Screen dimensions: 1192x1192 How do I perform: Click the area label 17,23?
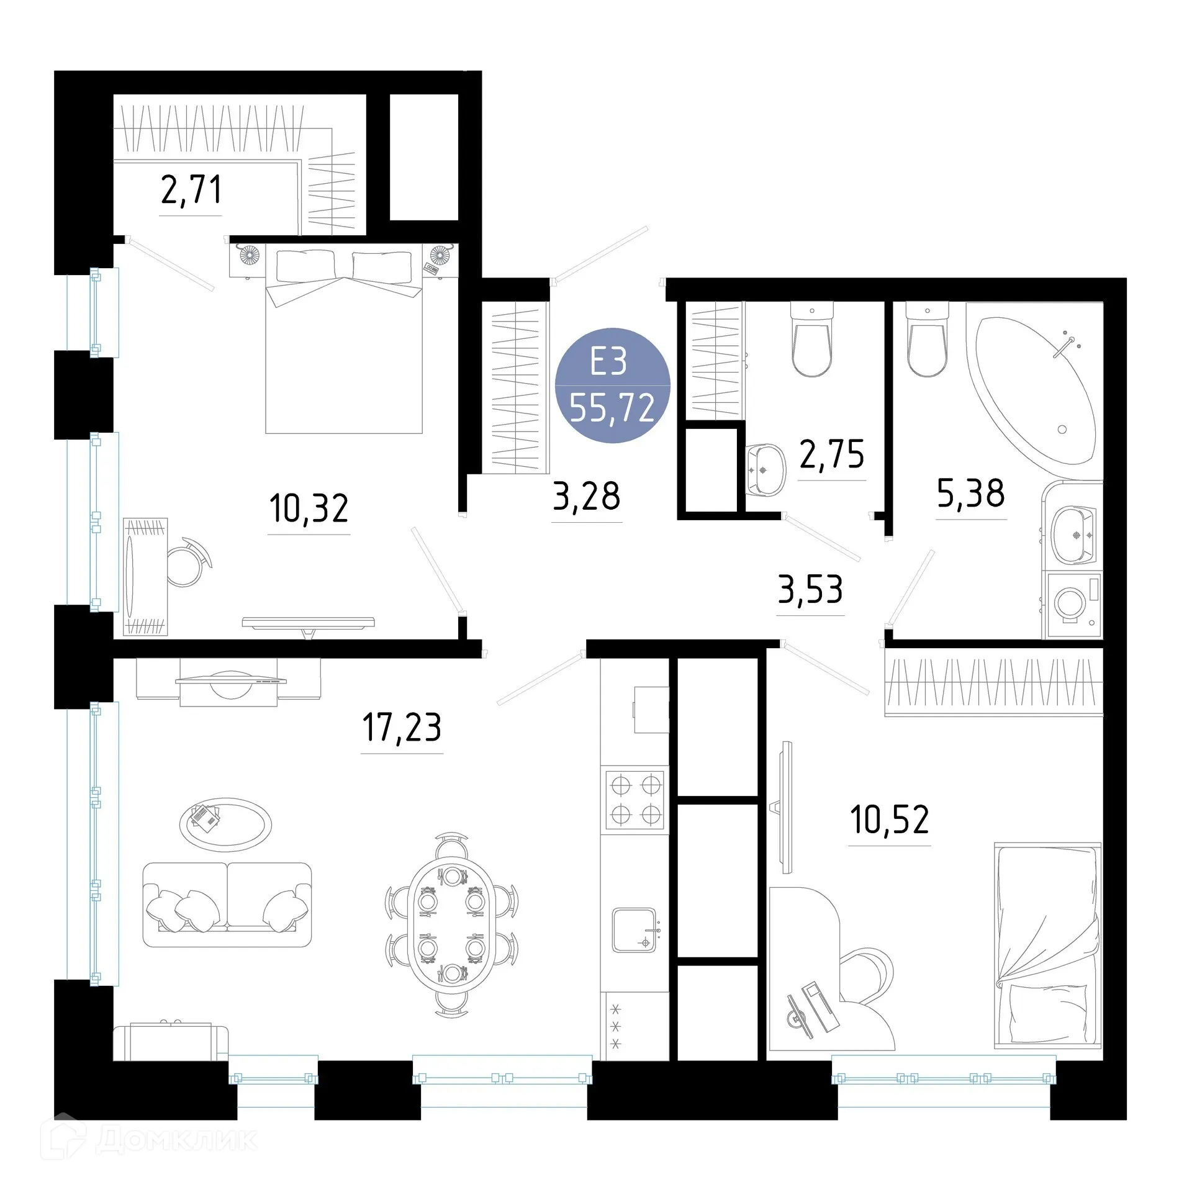(402, 728)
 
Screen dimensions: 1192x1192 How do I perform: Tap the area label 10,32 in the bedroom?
(309, 508)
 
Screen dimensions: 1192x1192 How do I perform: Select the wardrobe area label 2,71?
(191, 190)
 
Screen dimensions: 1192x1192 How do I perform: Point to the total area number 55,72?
(612, 409)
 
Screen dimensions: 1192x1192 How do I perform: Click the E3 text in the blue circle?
(608, 362)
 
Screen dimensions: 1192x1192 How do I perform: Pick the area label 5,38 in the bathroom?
(970, 494)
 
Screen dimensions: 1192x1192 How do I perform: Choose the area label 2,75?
(831, 454)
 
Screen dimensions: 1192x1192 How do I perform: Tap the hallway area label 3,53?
(810, 590)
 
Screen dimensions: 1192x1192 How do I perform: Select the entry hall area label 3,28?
(586, 496)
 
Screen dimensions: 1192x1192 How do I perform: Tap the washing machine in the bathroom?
(1072, 604)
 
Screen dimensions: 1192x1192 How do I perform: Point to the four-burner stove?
(634, 800)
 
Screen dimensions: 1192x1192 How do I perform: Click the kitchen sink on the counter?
(634, 930)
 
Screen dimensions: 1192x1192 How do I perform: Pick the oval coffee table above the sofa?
(225, 824)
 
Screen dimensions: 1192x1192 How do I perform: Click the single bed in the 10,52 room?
(1047, 944)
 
